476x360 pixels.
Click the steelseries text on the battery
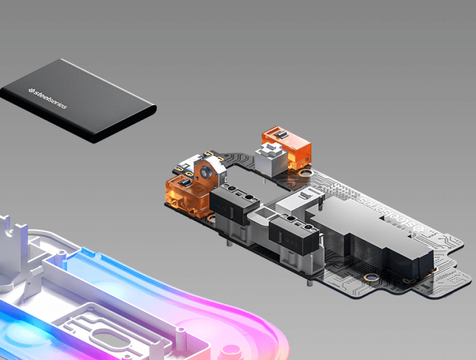click(x=48, y=98)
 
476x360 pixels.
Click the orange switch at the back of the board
click(x=287, y=147)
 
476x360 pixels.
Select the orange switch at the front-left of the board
click(x=187, y=196)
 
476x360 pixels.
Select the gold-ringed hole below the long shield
click(x=371, y=277)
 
